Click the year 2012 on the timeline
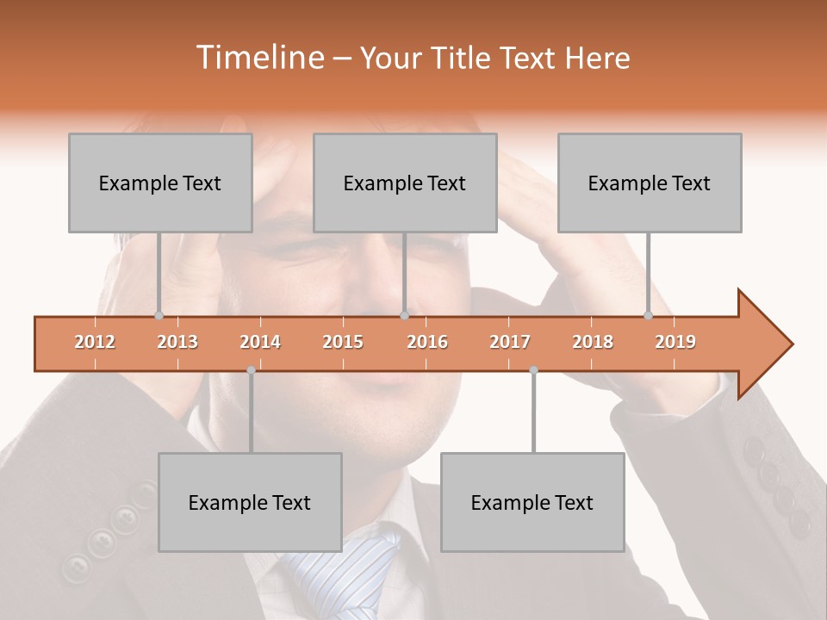coord(95,342)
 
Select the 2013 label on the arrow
coord(177,342)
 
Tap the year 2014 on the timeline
coord(260,342)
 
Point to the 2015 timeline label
coord(343,342)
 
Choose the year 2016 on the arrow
coord(427,342)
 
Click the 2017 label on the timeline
coord(510,342)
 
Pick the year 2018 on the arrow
coord(593,342)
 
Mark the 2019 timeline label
coord(675,342)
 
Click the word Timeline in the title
coord(258,58)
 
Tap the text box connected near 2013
coord(160,183)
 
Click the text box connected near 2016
coord(405,183)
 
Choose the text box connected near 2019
coord(650,183)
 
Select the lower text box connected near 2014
coord(250,502)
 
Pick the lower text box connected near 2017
coord(532,502)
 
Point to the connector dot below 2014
coord(251,369)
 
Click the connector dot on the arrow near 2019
coord(649,315)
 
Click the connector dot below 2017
coord(533,369)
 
